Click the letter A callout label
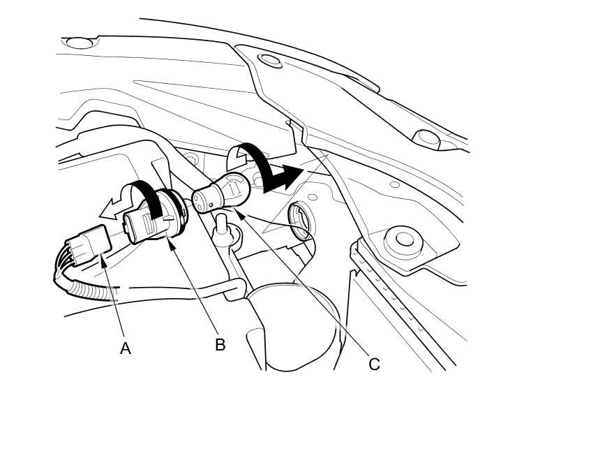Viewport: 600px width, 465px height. (x=126, y=348)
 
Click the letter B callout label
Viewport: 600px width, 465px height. (x=220, y=345)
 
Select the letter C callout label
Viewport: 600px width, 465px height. (x=374, y=364)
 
